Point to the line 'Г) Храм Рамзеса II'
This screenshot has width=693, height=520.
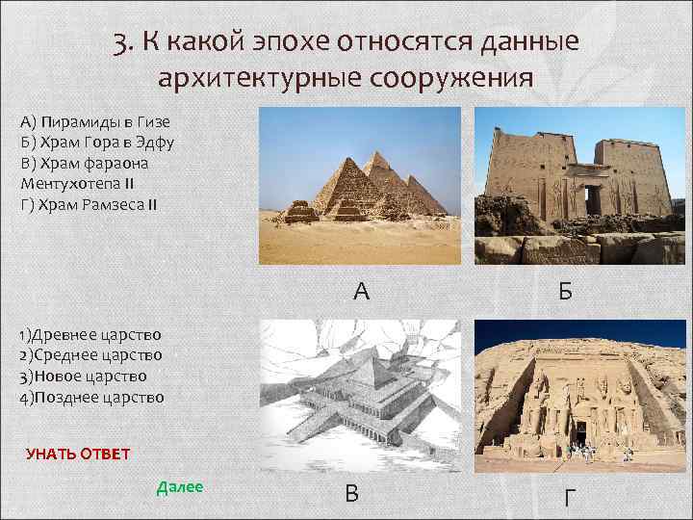pos(88,203)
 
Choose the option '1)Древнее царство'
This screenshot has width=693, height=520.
pos(90,335)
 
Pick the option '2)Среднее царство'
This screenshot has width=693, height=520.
pos(90,356)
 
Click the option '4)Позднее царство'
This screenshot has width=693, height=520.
pos(91,397)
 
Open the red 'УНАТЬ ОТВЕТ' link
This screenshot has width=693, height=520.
pos(77,454)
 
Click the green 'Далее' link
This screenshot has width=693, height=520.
pos(179,487)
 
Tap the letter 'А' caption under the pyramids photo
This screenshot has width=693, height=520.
pos(361,290)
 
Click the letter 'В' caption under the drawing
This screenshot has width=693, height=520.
pos(352,493)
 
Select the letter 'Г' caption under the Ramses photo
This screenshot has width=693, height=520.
pos(571,498)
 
